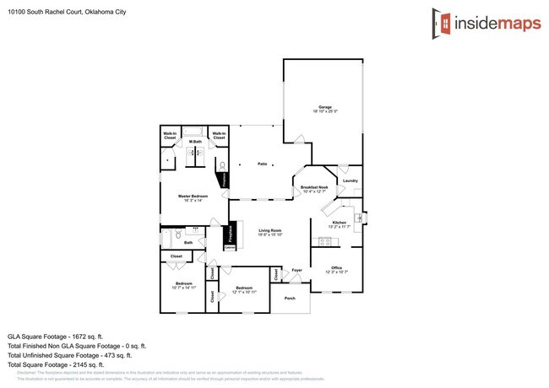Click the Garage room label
[x=324, y=108]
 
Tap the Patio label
[x=263, y=164]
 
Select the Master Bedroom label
[x=193, y=197]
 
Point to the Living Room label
[x=269, y=231]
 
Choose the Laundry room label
[x=350, y=181]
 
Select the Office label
[x=336, y=268]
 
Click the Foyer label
[x=296, y=271]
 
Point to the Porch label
[x=290, y=299]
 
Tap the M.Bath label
[x=195, y=141]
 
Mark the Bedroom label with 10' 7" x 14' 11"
[x=184, y=284]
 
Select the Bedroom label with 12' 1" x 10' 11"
[x=245, y=289]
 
